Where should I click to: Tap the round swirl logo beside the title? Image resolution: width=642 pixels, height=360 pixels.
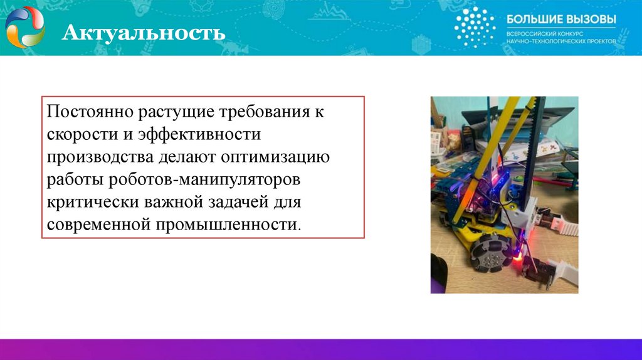click(x=25, y=28)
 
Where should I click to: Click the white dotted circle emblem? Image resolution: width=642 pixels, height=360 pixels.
click(x=475, y=27)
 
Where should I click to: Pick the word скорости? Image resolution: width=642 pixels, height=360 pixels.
click(x=80, y=135)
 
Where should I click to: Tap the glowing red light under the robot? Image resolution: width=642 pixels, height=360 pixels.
click(x=518, y=258)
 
